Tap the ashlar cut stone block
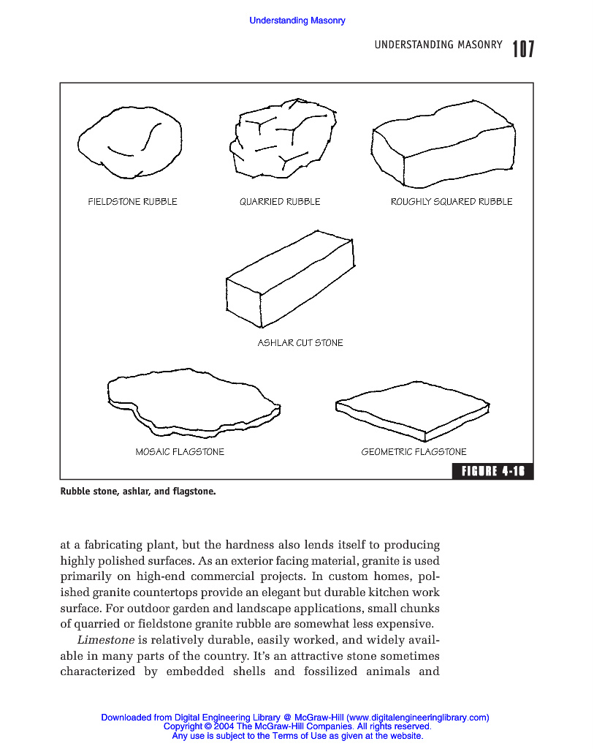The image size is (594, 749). tap(291, 282)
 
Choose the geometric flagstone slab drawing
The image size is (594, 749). tap(412, 410)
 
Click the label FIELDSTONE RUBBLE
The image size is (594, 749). tap(132, 202)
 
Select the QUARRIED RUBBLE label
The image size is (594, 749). tap(280, 202)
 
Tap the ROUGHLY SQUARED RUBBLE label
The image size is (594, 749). tap(452, 202)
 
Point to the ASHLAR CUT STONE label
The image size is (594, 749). tap(300, 343)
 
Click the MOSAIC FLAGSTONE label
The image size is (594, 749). tap(180, 452)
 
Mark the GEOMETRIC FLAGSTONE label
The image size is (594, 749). tap(414, 452)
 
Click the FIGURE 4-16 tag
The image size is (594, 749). tap(492, 471)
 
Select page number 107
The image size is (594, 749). tap(523, 49)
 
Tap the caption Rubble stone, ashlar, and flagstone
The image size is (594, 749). tap(138, 492)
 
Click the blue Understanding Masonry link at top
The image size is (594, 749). tap(297, 20)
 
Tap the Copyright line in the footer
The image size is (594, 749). tap(297, 727)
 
